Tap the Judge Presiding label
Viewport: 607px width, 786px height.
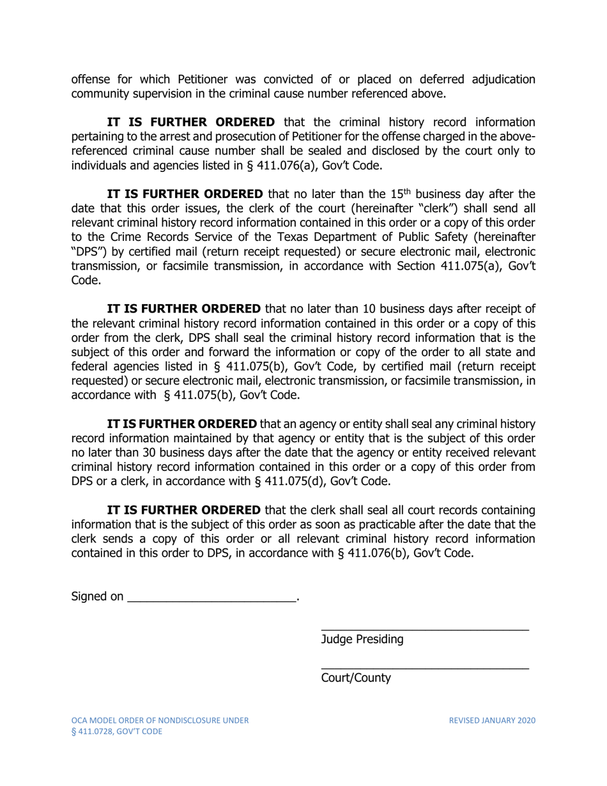362,640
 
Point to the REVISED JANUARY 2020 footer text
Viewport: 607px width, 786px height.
491,720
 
